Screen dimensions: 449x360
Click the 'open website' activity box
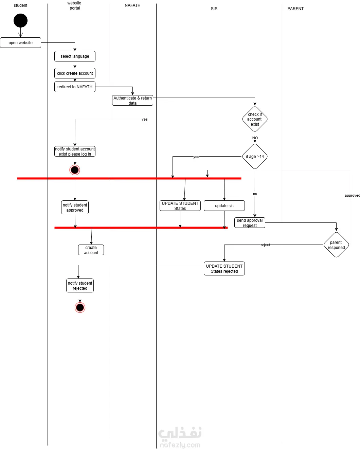20,43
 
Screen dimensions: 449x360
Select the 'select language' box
75,56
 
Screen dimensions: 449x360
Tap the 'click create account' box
75,73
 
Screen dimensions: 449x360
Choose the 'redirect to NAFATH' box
75,87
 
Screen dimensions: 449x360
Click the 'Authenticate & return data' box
132,101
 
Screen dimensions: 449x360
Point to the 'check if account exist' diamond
255,119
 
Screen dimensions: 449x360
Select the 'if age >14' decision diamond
255,157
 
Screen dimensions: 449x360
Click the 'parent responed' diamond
336,245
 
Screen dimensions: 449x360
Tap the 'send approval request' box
250,223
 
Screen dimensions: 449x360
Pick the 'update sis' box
224,206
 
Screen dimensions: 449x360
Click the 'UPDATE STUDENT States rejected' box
224,269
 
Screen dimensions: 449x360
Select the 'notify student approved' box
75,208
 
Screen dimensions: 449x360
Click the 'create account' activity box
91,250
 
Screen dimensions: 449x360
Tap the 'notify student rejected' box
80,286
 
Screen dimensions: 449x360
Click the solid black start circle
20,21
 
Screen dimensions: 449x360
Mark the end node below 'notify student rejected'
80,308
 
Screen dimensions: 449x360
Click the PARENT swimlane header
295,9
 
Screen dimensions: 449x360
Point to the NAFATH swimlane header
132,5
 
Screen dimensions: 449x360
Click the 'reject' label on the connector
265,245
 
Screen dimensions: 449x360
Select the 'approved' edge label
352,196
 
